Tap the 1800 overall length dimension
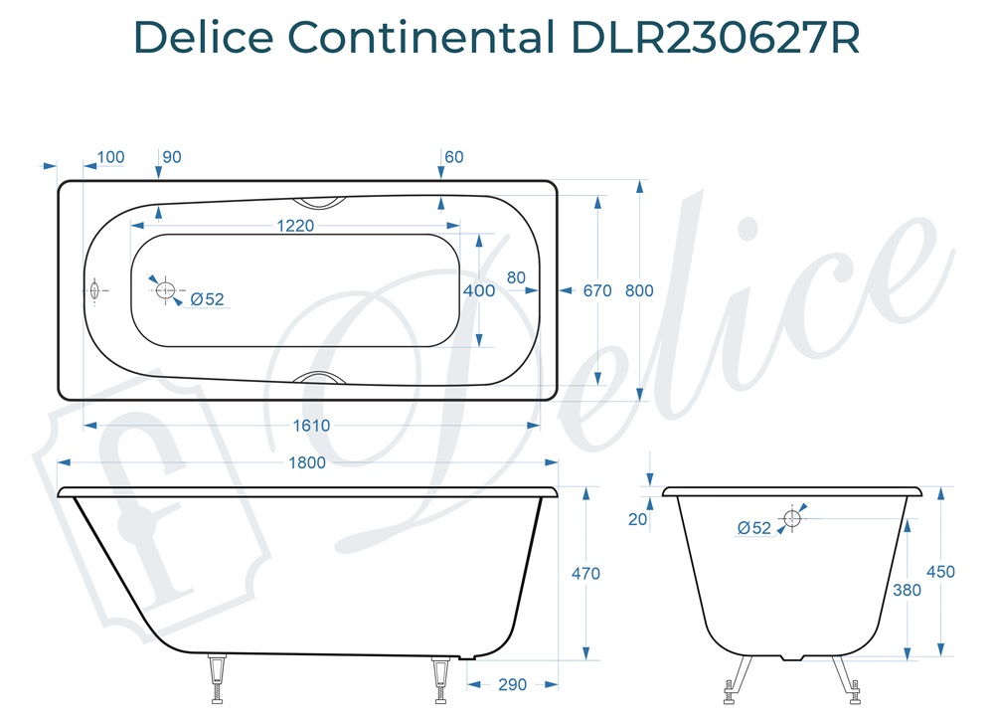(306, 462)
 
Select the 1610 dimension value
(310, 425)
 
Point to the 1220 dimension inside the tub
(294, 226)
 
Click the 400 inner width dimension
(479, 290)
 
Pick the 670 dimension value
(597, 290)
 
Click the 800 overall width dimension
(639, 290)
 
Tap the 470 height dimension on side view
(586, 573)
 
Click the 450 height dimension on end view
(939, 572)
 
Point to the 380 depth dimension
(907, 590)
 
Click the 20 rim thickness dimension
(637, 518)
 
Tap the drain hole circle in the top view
(165, 290)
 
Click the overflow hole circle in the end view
(792, 517)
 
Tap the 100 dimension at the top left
(111, 157)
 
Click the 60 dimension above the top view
(454, 157)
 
